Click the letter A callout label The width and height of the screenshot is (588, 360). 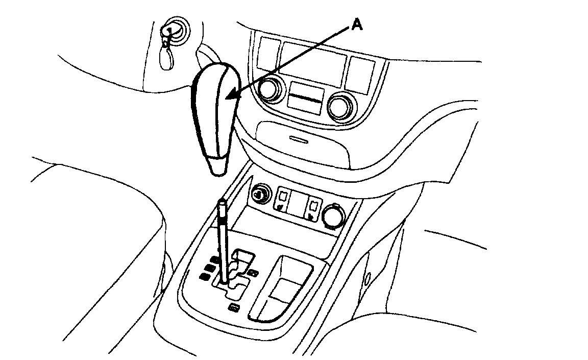pos(357,25)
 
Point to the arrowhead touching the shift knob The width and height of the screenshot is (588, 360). pos(230,96)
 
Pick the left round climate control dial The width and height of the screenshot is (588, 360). pos(269,90)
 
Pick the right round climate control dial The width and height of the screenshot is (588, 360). pos(339,107)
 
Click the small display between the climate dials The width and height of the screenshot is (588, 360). pos(305,97)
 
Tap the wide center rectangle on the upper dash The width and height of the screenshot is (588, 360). pos(312,64)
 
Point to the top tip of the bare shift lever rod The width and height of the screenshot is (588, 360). pos(223,203)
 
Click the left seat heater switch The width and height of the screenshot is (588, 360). pos(283,199)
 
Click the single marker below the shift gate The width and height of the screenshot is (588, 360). pos(234,307)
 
